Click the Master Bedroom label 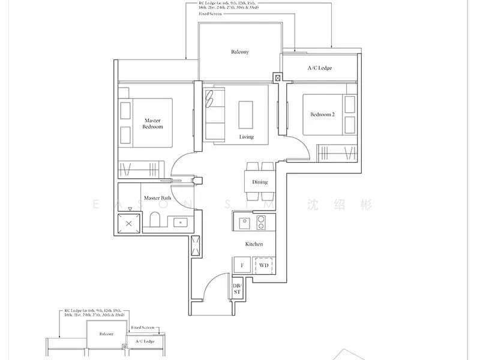[x=152, y=124]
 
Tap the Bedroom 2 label [x=322, y=115]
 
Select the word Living [x=246, y=137]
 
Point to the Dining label [x=260, y=182]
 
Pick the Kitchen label [x=254, y=244]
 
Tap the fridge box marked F [x=242, y=265]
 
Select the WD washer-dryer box [x=263, y=265]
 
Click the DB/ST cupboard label [x=236, y=289]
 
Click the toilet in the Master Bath [x=154, y=221]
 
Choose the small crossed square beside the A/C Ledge [x=277, y=77]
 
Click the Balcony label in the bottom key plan [x=106, y=334]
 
